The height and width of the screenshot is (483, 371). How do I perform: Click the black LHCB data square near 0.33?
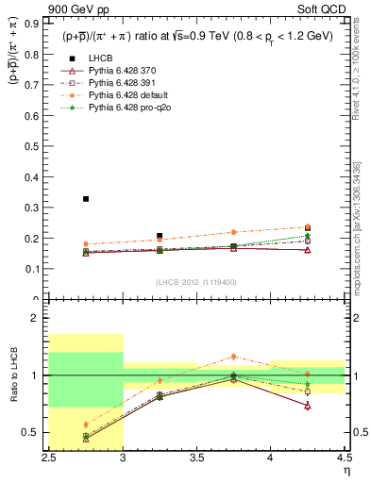(x=86, y=199)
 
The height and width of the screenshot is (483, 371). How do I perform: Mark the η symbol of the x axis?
(x=346, y=470)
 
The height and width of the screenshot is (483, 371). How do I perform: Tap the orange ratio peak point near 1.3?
(x=233, y=356)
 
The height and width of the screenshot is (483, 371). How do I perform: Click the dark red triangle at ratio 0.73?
(x=307, y=406)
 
